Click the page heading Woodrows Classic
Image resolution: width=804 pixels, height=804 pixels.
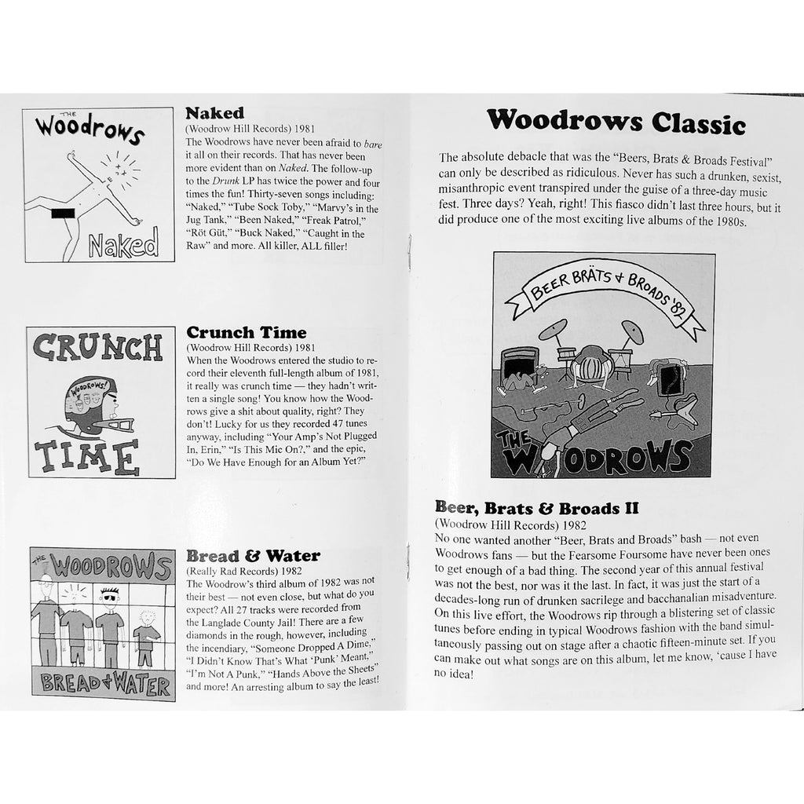coord(615,122)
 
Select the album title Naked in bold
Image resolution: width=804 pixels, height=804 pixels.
coord(214,113)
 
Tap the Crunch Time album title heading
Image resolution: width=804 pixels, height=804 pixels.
coord(246,332)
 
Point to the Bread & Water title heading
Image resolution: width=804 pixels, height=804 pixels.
coord(253,556)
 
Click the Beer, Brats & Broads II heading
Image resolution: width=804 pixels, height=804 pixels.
coord(536,508)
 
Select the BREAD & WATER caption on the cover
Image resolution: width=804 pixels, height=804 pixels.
coord(102,685)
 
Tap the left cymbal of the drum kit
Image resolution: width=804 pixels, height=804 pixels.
coord(553,329)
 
